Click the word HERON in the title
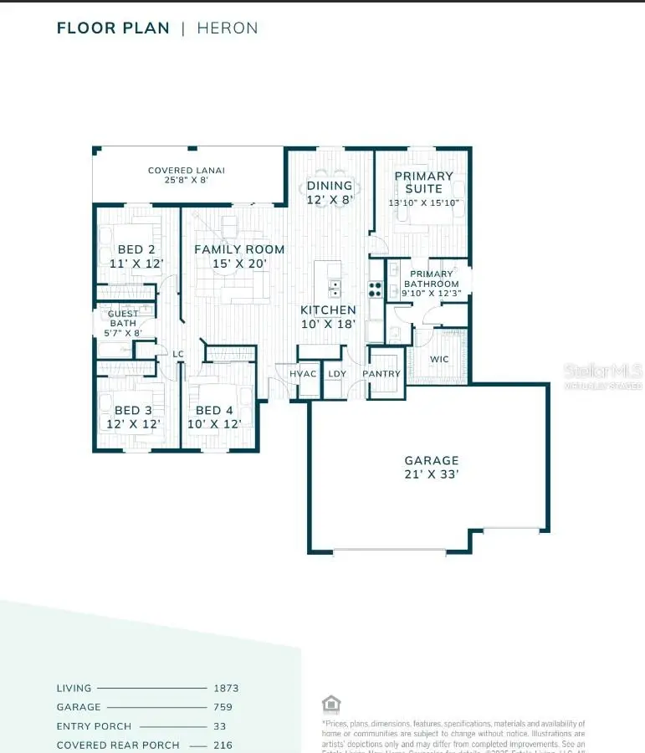point(228,28)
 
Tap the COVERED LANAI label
point(187,171)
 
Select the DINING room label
point(330,186)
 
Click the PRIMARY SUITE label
point(423,182)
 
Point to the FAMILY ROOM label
point(239,249)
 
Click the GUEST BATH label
point(123,319)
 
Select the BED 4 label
point(214,410)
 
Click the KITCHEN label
point(329,310)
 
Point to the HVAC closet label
point(303,374)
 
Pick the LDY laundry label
point(337,374)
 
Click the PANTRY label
point(381,374)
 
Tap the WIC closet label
point(440,359)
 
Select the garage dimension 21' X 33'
point(432,474)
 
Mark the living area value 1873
point(226,689)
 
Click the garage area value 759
point(223,708)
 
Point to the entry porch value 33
point(220,726)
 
